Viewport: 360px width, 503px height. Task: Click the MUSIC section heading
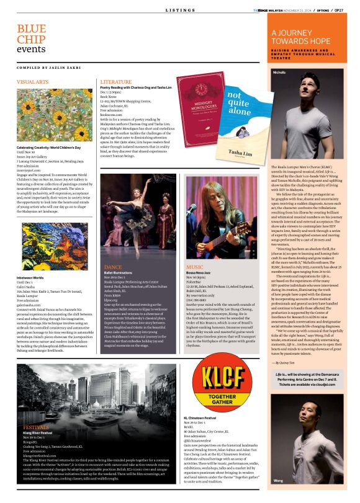point(195,267)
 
